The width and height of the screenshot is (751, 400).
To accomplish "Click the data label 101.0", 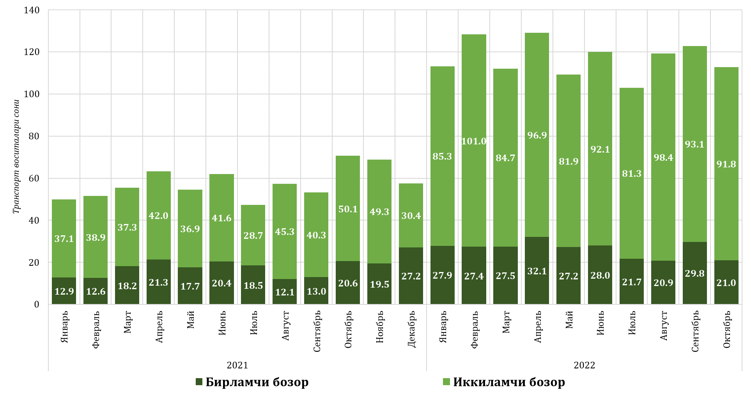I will point(474,141).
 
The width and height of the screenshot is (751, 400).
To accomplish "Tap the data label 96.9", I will point(537,135).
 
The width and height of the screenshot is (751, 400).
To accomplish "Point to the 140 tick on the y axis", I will point(32,11).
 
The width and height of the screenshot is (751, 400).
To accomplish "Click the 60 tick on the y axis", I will point(34,178).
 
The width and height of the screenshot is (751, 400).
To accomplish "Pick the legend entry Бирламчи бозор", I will point(252,382).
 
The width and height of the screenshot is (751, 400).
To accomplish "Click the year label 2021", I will point(237,365).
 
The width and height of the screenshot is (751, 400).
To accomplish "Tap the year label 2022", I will point(584,365).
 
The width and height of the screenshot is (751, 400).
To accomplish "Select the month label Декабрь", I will point(411,329).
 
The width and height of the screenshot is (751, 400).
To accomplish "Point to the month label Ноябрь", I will point(380,327).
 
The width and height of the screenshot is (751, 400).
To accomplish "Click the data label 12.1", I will point(285,292).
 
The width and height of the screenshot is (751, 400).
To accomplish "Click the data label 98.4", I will point(663,158).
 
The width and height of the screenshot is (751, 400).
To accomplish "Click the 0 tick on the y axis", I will point(37,304).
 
